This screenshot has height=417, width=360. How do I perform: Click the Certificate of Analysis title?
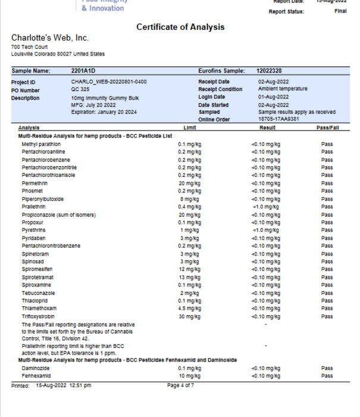[x=180, y=27]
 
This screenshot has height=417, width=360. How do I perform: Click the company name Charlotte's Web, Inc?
[x=49, y=38]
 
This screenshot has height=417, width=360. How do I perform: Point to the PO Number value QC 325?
[x=79, y=89]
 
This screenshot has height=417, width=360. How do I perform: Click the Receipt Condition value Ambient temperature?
[x=283, y=89]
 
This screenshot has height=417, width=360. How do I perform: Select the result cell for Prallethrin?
[x=265, y=207]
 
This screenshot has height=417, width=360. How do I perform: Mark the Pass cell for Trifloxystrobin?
[x=327, y=316]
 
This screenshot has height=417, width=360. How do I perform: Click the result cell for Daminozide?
[x=265, y=369]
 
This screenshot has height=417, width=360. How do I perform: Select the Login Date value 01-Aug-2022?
[x=273, y=97]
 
